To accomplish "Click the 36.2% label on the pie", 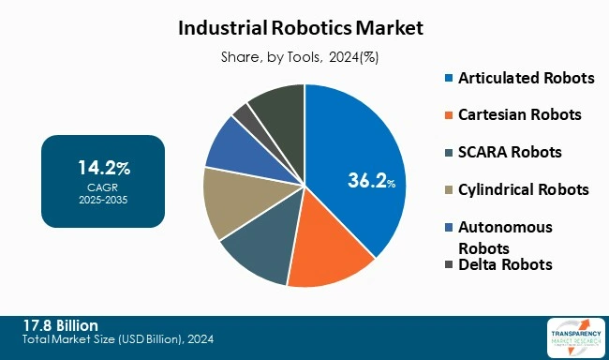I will [x=367, y=181].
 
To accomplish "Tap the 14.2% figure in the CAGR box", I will [x=103, y=169].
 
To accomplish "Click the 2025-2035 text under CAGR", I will [x=103, y=198].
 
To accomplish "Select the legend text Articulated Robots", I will [x=526, y=78].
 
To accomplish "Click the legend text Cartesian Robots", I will [x=519, y=115].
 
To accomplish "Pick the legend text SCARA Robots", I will [x=511, y=152].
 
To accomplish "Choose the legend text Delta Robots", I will [x=505, y=264].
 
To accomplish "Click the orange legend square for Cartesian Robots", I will [x=448, y=115].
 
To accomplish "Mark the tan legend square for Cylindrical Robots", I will [x=448, y=189].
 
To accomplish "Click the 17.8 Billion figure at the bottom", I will [x=62, y=325].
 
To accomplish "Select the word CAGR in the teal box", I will [x=103, y=186].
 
